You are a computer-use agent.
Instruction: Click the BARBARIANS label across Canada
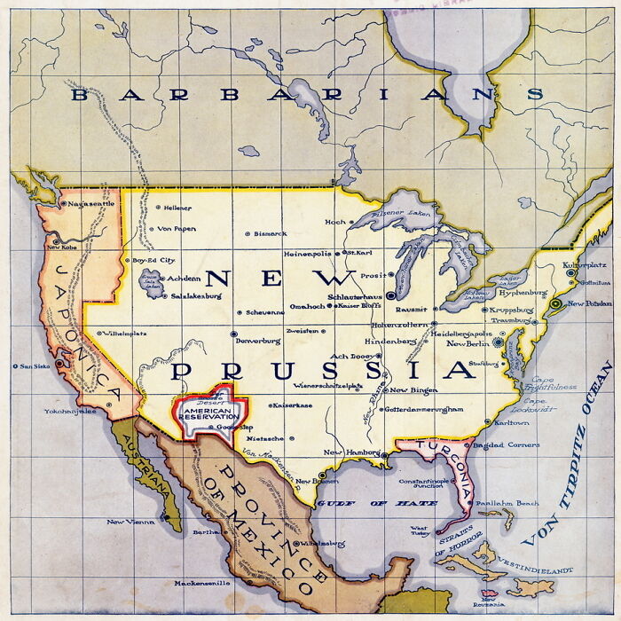click(x=306, y=94)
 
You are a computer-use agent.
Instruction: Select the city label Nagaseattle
click(x=91, y=204)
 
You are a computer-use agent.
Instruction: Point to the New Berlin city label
click(x=468, y=343)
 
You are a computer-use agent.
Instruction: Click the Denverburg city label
click(x=259, y=341)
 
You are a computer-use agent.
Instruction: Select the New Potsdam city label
click(x=590, y=303)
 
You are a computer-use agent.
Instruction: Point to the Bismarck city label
click(x=270, y=233)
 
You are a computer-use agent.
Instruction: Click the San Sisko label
click(x=36, y=366)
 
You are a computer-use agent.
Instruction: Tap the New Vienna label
click(x=130, y=522)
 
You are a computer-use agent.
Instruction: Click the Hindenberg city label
click(x=390, y=341)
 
